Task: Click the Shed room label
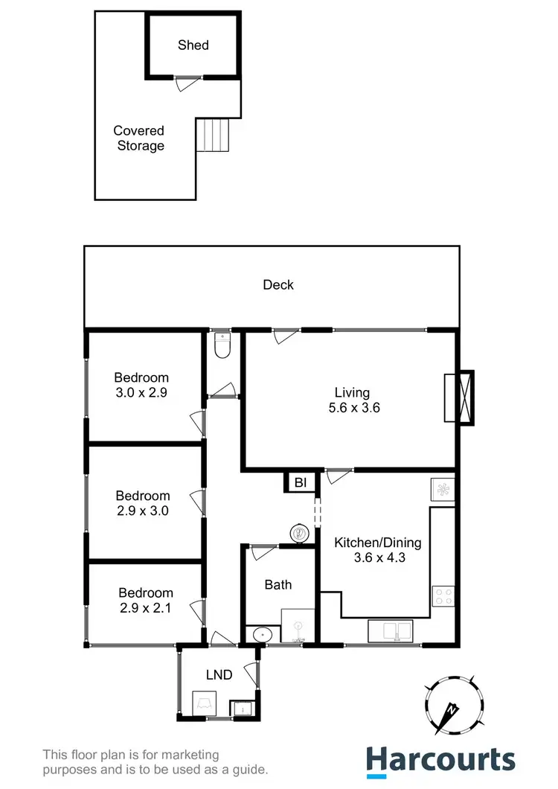click(x=193, y=45)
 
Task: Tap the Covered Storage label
click(x=139, y=138)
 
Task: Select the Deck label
click(x=278, y=284)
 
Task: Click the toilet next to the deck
click(x=222, y=346)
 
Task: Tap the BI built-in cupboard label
click(x=301, y=483)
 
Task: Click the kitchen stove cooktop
click(x=443, y=595)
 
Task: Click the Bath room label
click(x=278, y=585)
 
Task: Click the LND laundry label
click(x=219, y=675)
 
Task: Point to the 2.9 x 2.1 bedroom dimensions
click(x=146, y=608)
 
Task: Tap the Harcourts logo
click(x=440, y=760)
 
